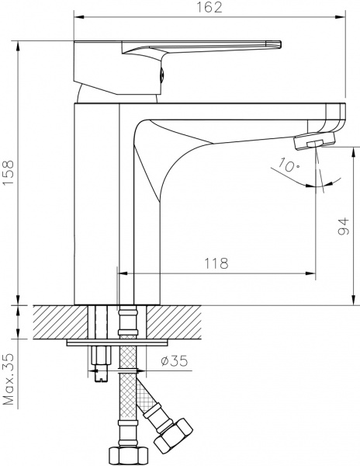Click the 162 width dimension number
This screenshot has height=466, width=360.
click(209, 9)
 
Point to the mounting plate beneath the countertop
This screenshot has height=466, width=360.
click(116, 340)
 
